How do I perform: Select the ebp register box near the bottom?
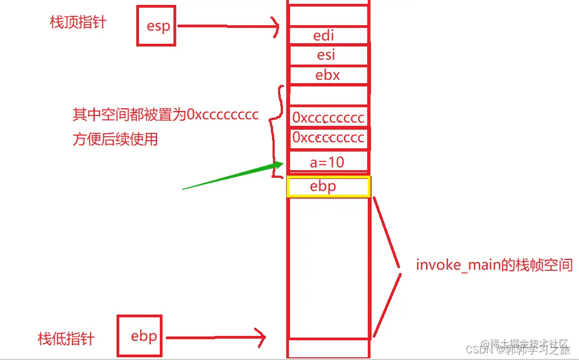coord(140,335)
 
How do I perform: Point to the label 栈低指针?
coord(66,339)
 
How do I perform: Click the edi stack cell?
coord(324,36)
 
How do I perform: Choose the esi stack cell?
coord(326,55)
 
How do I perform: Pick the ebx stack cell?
coord(327,75)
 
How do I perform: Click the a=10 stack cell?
coord(327,162)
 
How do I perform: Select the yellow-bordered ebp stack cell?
coord(328,187)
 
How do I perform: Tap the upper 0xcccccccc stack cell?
coord(328,118)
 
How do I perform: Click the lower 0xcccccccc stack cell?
coord(328,137)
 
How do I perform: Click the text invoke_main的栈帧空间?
coord(494,265)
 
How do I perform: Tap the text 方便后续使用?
coord(115,139)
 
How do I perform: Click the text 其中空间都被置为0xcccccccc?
coord(165,115)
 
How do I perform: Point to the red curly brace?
coord(276,131)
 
